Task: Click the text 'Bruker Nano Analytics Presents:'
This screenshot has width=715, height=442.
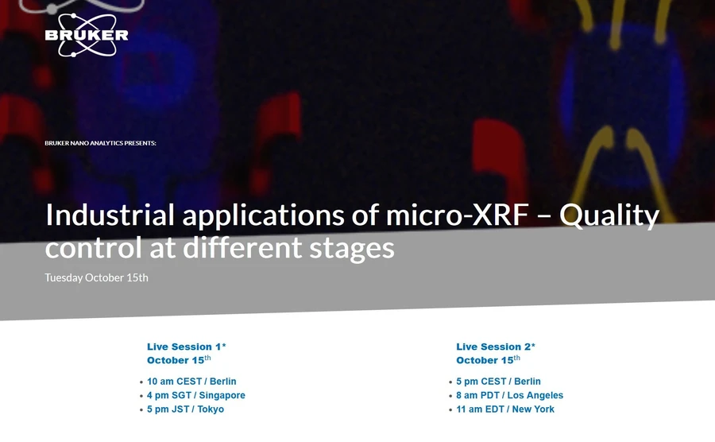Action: pyautogui.click(x=100, y=143)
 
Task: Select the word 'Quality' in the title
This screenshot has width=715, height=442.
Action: pyautogui.click(x=609, y=215)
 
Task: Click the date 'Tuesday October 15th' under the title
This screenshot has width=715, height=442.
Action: pyautogui.click(x=96, y=277)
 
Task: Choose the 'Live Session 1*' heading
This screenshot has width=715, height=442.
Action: pyautogui.click(x=187, y=347)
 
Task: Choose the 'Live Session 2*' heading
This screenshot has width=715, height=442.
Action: pyautogui.click(x=496, y=347)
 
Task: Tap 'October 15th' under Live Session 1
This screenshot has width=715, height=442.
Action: pyautogui.click(x=178, y=360)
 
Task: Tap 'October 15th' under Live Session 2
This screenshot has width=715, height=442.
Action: pyautogui.click(x=487, y=360)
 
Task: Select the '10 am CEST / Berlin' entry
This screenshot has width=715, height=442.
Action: pyautogui.click(x=191, y=382)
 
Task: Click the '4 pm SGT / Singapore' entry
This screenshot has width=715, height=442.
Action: pyautogui.click(x=196, y=395)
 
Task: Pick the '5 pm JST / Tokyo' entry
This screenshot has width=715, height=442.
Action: pyautogui.click(x=186, y=409)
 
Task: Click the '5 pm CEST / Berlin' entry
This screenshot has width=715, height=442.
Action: pyautogui.click(x=498, y=382)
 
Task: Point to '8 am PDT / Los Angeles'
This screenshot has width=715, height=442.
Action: pyautogui.click(x=509, y=395)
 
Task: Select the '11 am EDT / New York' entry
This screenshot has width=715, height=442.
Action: pyautogui.click(x=505, y=409)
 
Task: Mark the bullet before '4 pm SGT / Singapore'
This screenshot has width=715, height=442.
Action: pyautogui.click(x=141, y=396)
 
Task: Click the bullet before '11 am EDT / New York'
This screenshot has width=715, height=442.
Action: pyautogui.click(x=450, y=410)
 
